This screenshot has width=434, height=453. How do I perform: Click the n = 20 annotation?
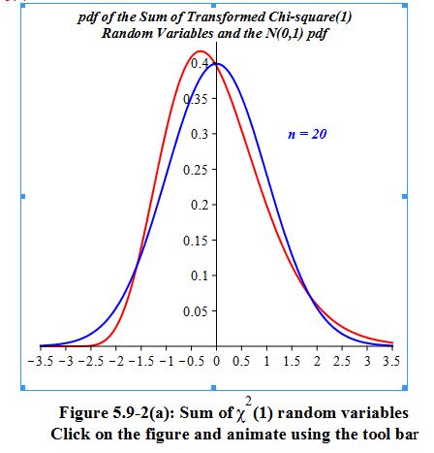coord(307,134)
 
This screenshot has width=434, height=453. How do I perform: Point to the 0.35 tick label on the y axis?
coord(198,99)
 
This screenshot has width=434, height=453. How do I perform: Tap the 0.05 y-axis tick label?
coord(198,311)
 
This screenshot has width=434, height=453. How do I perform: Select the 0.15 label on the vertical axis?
coord(198,241)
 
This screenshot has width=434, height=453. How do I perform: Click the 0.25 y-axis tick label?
coord(198,170)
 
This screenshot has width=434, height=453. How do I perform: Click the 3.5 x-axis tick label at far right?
coord(391,361)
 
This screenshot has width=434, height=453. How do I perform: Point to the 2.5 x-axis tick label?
coord(342,361)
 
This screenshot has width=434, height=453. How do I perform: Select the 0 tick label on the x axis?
coord(217,361)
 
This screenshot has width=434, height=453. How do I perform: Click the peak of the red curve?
coord(201,51)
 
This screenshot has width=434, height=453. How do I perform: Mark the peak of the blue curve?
coord(217,64)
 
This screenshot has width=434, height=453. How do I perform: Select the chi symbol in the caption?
coord(240,415)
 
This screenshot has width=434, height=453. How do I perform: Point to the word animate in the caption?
coord(257,435)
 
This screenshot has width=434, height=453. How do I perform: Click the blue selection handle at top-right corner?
coord(405,6)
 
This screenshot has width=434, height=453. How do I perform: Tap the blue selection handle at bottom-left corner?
coord(23,387)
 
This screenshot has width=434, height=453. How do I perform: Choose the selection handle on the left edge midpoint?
coord(23,196)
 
